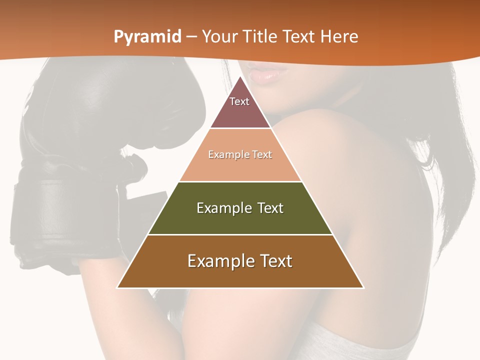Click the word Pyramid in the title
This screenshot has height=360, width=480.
(147, 37)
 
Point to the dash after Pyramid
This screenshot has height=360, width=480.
(191, 37)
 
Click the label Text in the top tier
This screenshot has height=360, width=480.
(239, 101)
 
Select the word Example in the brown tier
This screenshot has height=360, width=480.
(220, 261)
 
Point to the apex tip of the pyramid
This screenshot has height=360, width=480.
(240, 77)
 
